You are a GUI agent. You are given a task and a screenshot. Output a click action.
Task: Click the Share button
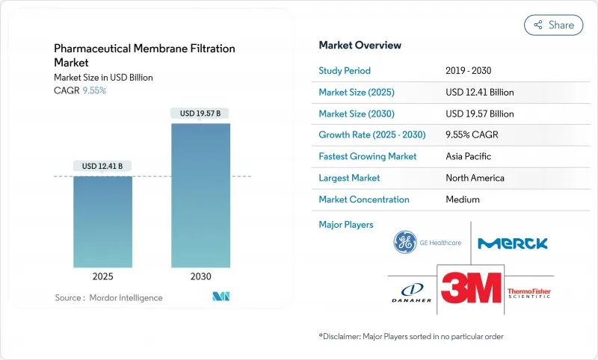point(553,25)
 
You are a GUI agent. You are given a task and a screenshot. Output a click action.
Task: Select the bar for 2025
point(102,222)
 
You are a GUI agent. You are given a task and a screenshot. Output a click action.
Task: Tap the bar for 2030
point(200,195)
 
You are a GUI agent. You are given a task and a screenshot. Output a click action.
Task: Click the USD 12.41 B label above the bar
point(102,166)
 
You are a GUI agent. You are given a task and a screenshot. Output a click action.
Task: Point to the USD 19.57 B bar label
point(200,114)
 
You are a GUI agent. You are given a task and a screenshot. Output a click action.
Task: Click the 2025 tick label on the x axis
point(102,276)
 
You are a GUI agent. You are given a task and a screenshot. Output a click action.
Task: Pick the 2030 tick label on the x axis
point(200,276)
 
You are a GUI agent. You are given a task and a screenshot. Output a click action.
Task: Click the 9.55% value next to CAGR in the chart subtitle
point(93,90)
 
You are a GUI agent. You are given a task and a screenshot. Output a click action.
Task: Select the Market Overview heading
point(360,46)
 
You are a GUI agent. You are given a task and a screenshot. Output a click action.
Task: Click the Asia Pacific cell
point(469,157)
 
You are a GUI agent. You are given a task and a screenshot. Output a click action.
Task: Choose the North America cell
point(475,178)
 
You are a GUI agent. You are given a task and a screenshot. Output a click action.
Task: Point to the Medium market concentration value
point(463,199)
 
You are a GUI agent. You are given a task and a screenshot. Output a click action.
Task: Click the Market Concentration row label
point(364,199)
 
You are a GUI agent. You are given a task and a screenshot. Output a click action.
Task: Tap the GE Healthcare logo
point(427,243)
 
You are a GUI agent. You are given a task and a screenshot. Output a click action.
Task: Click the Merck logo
point(513,243)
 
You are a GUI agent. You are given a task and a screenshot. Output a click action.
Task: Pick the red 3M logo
point(470,288)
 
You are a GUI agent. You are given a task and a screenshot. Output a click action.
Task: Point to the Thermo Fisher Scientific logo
point(529,292)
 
